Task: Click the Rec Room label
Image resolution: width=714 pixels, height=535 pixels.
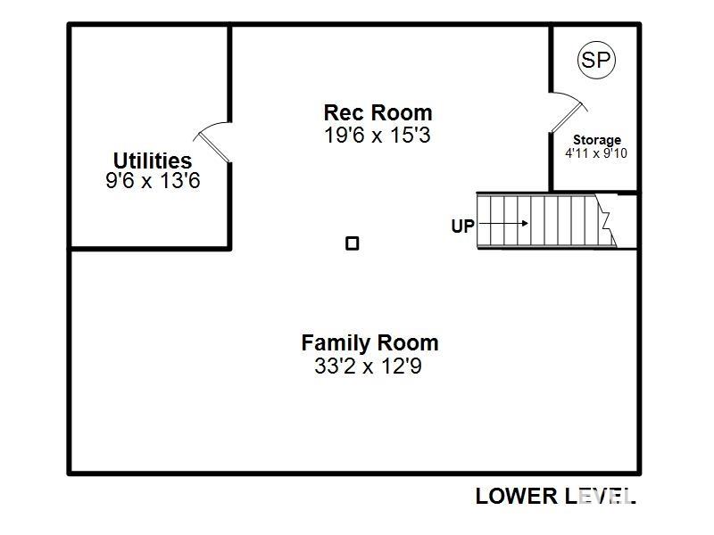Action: tap(378, 113)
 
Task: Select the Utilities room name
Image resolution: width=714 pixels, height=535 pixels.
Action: tap(152, 160)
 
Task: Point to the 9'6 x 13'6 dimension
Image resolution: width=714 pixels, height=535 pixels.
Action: tap(152, 181)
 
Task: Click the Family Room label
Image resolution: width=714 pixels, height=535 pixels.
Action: tap(369, 343)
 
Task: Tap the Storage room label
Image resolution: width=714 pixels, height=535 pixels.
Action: tap(596, 140)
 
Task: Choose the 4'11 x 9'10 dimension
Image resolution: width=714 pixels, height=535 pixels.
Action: tap(596, 153)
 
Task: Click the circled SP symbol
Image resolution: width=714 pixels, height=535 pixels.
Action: tap(596, 60)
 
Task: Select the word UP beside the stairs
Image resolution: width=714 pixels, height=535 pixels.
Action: tap(462, 226)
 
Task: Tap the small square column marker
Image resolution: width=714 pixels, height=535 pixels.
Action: tap(353, 243)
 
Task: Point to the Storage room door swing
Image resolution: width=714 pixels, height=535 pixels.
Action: tap(566, 111)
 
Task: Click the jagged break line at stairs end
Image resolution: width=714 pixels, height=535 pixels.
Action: tap(607, 222)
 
